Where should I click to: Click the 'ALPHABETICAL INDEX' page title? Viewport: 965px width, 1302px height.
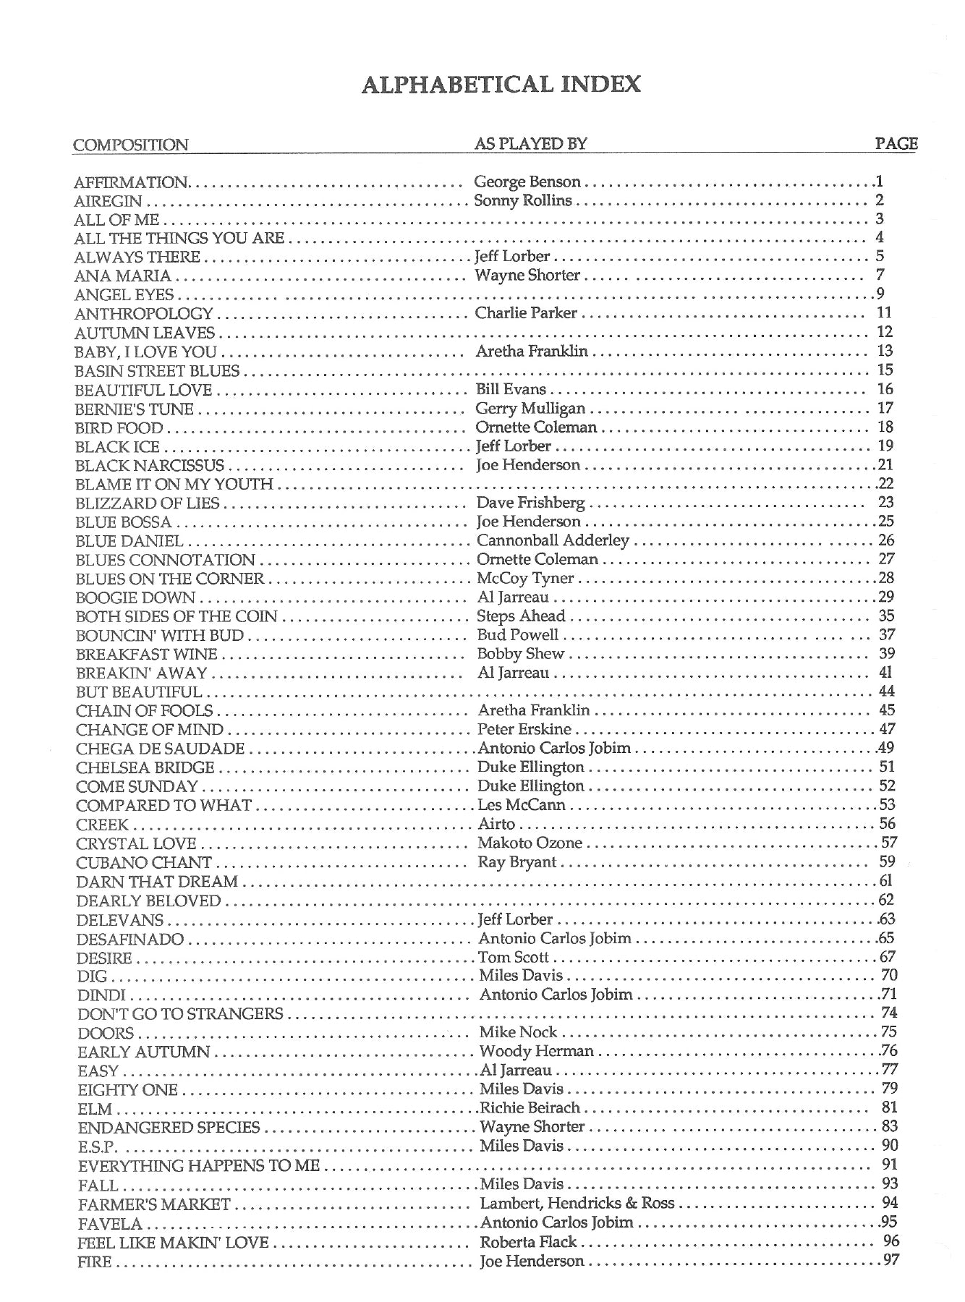[x=501, y=85]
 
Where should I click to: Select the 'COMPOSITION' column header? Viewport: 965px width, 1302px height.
[x=130, y=145]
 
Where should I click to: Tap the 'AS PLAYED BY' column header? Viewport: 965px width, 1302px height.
[x=530, y=144]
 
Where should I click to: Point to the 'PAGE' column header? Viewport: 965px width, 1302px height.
[x=896, y=143]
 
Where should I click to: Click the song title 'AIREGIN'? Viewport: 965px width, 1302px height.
[x=109, y=201]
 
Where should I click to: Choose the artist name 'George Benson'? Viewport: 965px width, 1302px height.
[x=527, y=182]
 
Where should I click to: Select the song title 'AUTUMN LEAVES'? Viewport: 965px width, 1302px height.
[x=145, y=333]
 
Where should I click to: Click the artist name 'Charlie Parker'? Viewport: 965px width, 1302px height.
[x=526, y=313]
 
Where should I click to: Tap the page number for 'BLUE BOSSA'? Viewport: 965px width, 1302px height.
[x=886, y=521]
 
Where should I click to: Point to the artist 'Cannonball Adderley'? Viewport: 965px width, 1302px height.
[x=553, y=540]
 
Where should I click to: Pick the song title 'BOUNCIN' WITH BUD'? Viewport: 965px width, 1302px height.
[x=160, y=635]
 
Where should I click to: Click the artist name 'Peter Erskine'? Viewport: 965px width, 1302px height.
[x=524, y=729]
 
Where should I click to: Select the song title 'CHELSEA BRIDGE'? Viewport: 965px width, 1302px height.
[x=145, y=767]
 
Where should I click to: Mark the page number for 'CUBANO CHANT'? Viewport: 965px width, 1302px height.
[x=888, y=861]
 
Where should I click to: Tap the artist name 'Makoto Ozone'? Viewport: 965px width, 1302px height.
[x=530, y=843]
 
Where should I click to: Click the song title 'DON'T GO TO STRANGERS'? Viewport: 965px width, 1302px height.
[x=180, y=1013]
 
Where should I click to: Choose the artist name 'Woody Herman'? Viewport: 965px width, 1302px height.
[x=536, y=1051]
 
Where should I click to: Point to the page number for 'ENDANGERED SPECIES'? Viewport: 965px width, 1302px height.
[x=890, y=1126]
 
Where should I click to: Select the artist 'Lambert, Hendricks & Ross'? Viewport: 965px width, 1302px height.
[x=577, y=1203]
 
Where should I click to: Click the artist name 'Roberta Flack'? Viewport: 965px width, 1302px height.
[x=528, y=1242]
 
